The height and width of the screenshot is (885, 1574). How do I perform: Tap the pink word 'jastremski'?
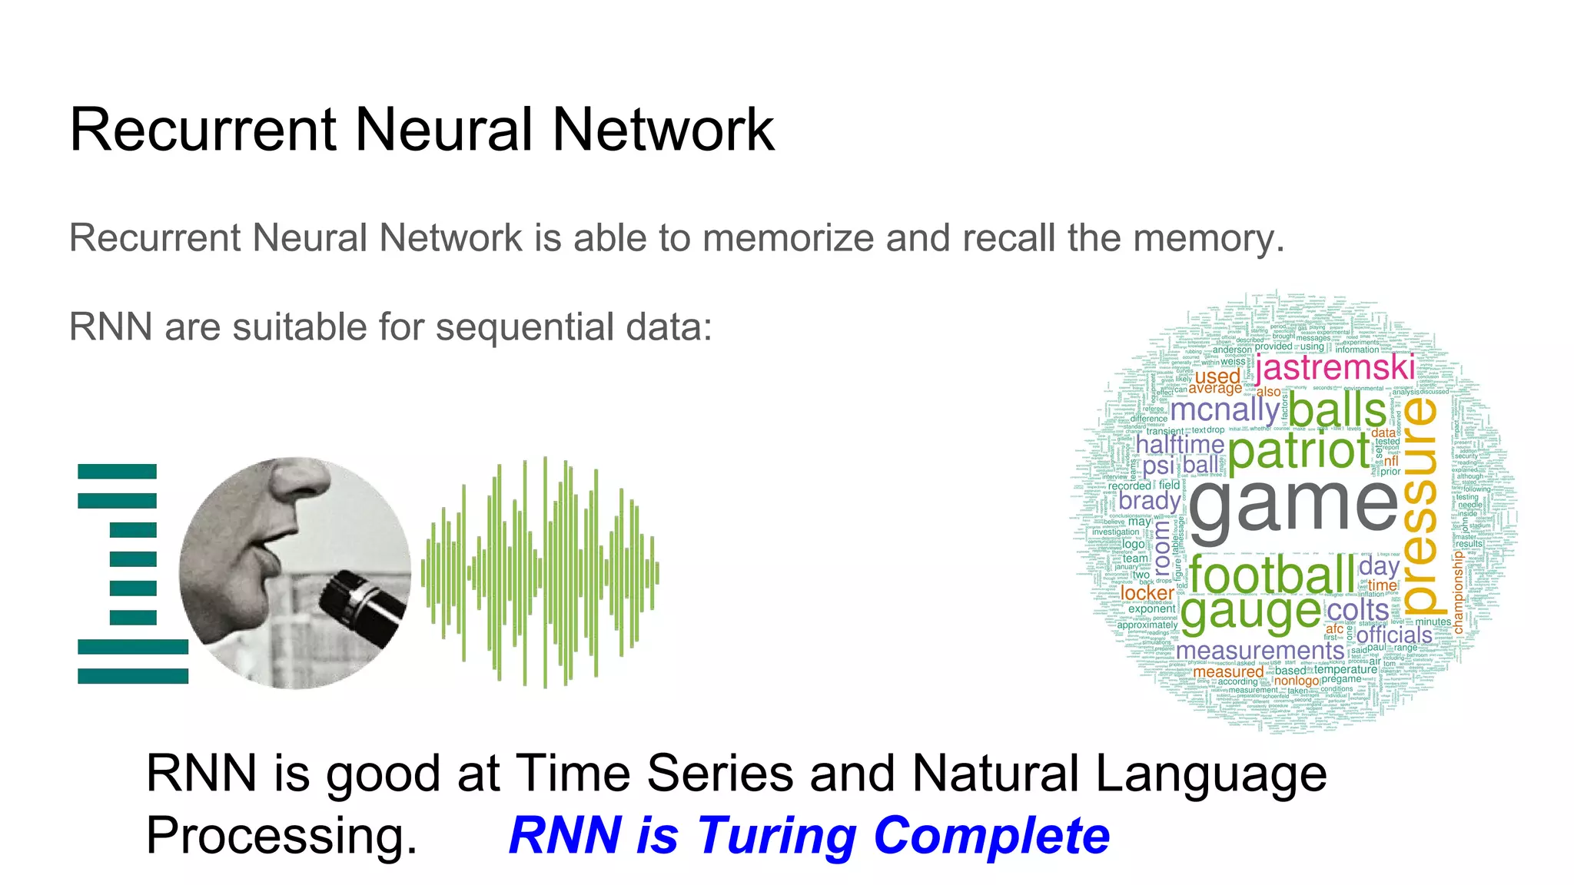point(1334,367)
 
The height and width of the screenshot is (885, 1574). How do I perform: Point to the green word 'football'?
point(1272,575)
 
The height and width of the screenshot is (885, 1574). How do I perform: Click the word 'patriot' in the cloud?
point(1299,452)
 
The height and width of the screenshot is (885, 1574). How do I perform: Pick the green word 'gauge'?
point(1250,613)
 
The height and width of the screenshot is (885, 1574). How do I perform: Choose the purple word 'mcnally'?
point(1224,409)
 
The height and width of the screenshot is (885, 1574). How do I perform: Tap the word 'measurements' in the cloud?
point(1260,651)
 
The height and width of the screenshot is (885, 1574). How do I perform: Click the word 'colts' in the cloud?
point(1358,611)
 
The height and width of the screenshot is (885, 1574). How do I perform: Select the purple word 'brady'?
point(1150,501)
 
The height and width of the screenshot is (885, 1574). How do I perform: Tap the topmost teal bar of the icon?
point(117,471)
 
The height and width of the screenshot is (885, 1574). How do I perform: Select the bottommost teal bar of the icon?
point(133,676)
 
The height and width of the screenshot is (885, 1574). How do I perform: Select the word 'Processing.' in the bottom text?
point(281,835)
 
